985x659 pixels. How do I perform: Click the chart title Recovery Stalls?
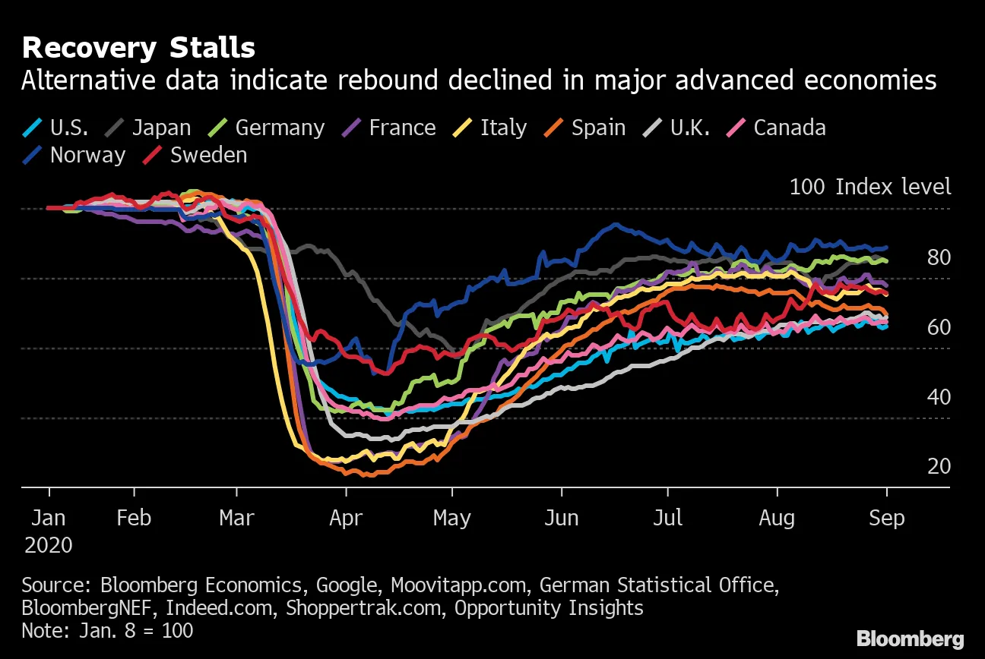pyautogui.click(x=138, y=49)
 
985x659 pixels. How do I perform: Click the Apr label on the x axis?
pyautogui.click(x=347, y=519)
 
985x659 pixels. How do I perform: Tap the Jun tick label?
pyautogui.click(x=562, y=519)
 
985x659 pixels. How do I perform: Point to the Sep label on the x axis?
pyautogui.click(x=886, y=519)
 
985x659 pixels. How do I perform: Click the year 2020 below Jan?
pyautogui.click(x=49, y=545)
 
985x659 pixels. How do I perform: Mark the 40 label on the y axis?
pyautogui.click(x=939, y=397)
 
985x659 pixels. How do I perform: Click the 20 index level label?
pyautogui.click(x=939, y=466)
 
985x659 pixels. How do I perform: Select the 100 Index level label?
pyautogui.click(x=870, y=187)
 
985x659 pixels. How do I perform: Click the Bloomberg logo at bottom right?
pyautogui.click(x=910, y=639)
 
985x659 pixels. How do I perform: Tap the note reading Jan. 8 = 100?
pyautogui.click(x=107, y=630)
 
